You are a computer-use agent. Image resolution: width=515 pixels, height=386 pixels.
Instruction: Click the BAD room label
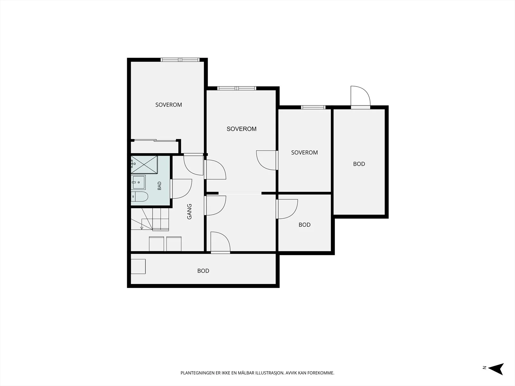coord(160,186)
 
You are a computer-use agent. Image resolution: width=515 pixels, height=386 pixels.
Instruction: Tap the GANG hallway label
coord(189,212)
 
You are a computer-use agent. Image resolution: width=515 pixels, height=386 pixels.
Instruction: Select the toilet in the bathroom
coord(139,197)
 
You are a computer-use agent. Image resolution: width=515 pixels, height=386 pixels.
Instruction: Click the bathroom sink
coord(138,182)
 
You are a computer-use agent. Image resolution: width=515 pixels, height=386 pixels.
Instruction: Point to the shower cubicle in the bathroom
coord(144,165)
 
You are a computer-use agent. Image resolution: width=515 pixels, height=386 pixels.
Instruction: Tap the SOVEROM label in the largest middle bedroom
coord(241,129)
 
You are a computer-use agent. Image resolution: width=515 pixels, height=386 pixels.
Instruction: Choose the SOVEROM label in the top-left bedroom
coord(169,105)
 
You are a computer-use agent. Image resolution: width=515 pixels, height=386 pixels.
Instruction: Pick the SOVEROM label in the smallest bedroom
coord(304,152)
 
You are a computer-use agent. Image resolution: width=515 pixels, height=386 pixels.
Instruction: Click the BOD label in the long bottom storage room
coord(203,271)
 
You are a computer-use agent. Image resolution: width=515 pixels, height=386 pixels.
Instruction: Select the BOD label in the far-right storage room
coord(359,164)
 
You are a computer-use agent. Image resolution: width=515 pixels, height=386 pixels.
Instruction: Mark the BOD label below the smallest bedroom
coord(304,225)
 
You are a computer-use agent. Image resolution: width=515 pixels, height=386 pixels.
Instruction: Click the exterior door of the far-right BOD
coord(360,97)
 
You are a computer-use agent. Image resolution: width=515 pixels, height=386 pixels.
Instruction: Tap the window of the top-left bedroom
coord(180,60)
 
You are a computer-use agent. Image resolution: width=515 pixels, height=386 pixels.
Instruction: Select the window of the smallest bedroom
coord(313,107)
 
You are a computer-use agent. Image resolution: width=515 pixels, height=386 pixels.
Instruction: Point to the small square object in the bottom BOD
coord(138,266)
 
